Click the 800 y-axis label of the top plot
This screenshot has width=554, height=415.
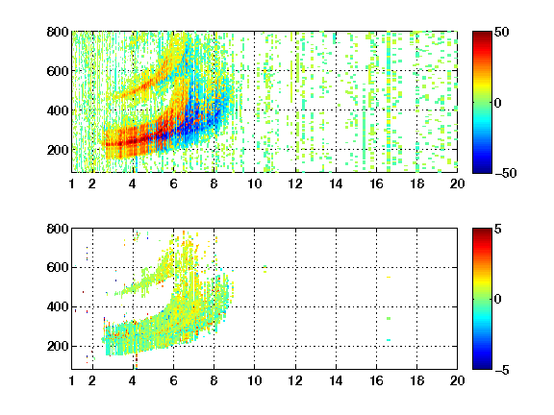[x=58, y=32]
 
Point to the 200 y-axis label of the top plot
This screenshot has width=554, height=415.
[x=58, y=150]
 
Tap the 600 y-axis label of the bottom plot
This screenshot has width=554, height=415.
[x=58, y=267]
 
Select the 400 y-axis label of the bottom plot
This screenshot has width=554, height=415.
[x=58, y=307]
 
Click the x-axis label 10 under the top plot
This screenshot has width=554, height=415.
[x=254, y=183]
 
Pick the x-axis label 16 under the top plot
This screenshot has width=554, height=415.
[x=376, y=183]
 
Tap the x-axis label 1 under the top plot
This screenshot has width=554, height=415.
[x=72, y=183]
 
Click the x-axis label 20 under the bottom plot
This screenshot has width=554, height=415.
[x=457, y=380]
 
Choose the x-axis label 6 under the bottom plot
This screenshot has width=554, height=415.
[x=173, y=380]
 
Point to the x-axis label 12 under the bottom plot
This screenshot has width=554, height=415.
[x=295, y=380]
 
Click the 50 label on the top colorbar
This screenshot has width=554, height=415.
[x=502, y=32]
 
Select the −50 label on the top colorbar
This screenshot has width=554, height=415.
[x=505, y=173]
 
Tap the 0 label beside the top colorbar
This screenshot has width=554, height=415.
[x=497, y=103]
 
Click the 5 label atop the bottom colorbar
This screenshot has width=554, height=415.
[x=498, y=229]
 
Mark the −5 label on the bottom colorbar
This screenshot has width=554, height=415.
[x=502, y=370]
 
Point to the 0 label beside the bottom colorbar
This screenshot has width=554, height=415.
[x=497, y=300]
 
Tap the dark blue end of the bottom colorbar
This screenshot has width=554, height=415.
[x=482, y=367]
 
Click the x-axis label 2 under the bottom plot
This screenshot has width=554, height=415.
[x=92, y=380]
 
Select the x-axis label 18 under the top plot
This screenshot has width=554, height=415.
[x=416, y=183]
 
